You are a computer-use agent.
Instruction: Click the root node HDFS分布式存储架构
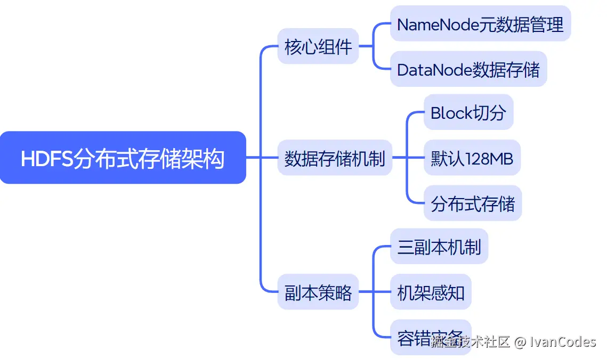(x=123, y=158)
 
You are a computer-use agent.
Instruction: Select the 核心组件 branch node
(x=318, y=46)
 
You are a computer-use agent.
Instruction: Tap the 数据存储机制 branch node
(x=334, y=158)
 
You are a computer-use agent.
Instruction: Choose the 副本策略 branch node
(x=318, y=292)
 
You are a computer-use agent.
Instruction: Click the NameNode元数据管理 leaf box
(x=480, y=24)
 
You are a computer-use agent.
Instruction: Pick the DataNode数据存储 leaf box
(x=468, y=69)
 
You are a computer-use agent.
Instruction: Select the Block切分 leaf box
(x=468, y=112)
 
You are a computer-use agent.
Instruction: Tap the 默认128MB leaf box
(x=472, y=158)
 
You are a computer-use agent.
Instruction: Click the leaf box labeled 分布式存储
(x=472, y=203)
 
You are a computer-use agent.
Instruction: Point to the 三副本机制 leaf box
(x=439, y=247)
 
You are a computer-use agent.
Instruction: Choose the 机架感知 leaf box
(x=431, y=292)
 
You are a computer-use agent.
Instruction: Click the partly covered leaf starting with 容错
(x=410, y=337)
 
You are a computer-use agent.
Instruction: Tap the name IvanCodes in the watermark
(x=563, y=341)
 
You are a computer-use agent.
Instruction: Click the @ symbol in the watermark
(x=520, y=341)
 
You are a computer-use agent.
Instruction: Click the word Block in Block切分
(x=451, y=113)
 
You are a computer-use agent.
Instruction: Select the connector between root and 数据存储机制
(x=261, y=158)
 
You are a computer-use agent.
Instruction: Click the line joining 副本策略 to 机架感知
(x=374, y=292)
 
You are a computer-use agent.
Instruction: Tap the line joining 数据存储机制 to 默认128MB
(x=408, y=158)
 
